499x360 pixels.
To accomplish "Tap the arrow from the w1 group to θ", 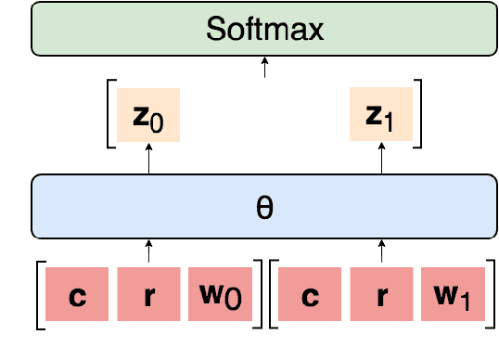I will (x=381, y=251).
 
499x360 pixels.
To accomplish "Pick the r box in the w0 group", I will (x=149, y=299).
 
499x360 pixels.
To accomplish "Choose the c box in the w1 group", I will (x=312, y=299).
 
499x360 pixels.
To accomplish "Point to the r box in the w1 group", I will (x=381, y=299).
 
